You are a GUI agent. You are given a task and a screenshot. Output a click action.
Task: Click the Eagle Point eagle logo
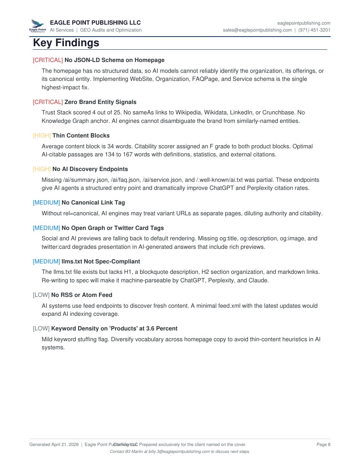pyautogui.click(x=37, y=25)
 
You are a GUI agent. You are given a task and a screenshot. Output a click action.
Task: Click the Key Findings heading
pyautogui.click(x=66, y=43)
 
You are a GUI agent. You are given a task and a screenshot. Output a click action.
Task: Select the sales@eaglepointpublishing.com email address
pyautogui.click(x=257, y=30)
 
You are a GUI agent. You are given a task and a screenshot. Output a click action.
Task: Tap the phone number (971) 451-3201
pyautogui.click(x=314, y=30)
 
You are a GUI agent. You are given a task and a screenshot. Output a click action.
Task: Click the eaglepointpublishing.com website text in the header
pyautogui.click(x=304, y=23)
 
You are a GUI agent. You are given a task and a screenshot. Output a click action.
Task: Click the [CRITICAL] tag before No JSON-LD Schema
pyautogui.click(x=48, y=60)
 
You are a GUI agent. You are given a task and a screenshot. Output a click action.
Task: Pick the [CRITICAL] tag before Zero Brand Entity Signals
pyautogui.click(x=48, y=102)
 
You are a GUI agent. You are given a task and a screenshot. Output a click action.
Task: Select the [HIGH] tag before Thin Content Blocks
pyautogui.click(x=42, y=136)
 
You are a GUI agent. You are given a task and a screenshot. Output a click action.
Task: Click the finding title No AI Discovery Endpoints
pyautogui.click(x=90, y=169)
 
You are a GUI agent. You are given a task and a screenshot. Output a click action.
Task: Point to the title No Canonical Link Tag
pyautogui.click(x=93, y=203)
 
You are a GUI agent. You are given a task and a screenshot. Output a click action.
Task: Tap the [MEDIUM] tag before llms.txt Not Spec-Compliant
pyautogui.click(x=46, y=261)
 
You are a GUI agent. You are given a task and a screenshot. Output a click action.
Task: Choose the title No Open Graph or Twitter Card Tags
pyautogui.click(x=112, y=228)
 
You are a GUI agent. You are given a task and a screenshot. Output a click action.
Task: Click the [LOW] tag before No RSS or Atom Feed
pyautogui.click(x=41, y=295)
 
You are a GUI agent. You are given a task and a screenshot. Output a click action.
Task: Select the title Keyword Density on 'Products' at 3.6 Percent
pyautogui.click(x=114, y=329)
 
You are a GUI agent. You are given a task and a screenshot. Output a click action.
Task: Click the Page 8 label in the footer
pyautogui.click(x=323, y=444)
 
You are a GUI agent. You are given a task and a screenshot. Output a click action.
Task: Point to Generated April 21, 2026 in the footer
pyautogui.click(x=54, y=444)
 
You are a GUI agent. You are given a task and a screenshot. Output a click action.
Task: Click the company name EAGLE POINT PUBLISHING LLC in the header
pyautogui.click(x=95, y=23)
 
